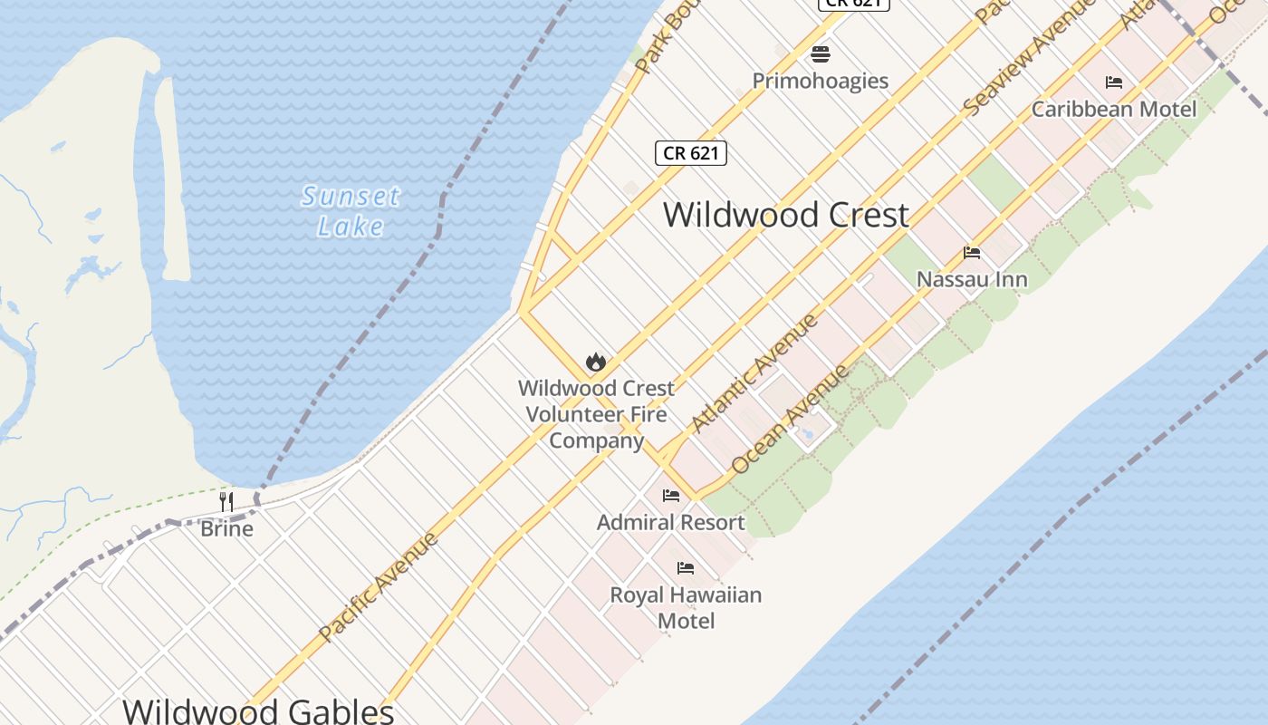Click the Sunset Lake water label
tap(351, 210)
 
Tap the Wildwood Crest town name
tap(785, 215)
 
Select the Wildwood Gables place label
tap(258, 710)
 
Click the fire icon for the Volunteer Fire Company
tap(595, 362)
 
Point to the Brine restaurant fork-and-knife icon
tap(226, 501)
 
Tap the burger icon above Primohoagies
tap(821, 54)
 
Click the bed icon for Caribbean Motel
tap(1114, 82)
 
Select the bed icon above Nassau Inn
tap(972, 253)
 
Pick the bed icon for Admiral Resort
tap(671, 496)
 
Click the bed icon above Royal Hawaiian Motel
tap(686, 568)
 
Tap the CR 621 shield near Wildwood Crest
tap(690, 153)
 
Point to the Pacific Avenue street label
tap(379, 586)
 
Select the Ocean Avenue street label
tap(790, 419)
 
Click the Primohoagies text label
tap(821, 81)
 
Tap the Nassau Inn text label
tap(972, 279)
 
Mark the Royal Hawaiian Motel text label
tap(686, 608)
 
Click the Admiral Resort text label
tap(671, 523)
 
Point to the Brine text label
tap(226, 528)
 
